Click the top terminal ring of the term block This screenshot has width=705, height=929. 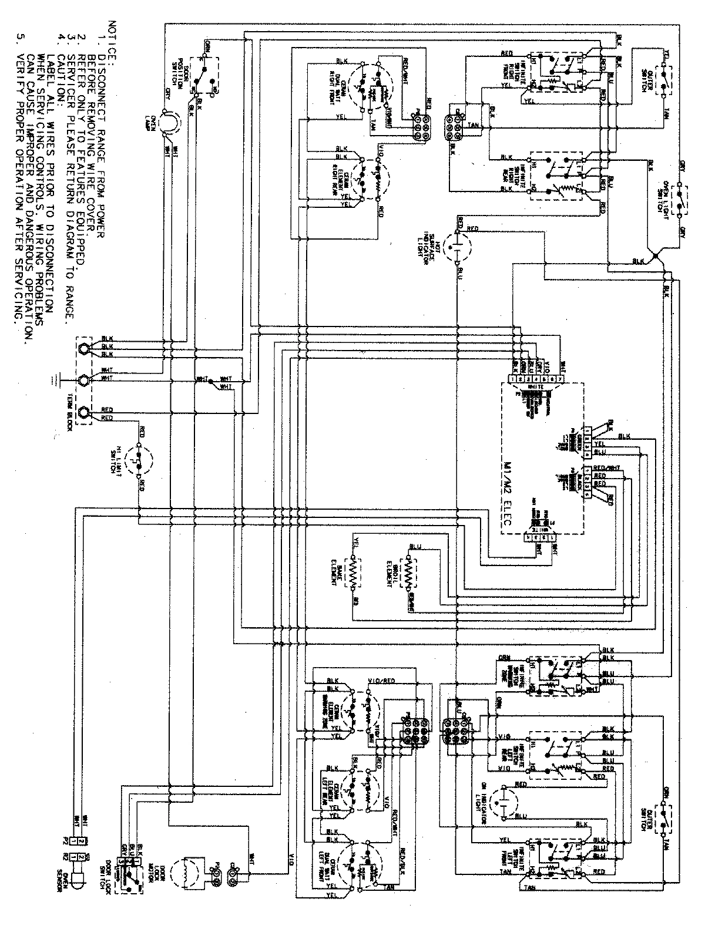pos(85,348)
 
